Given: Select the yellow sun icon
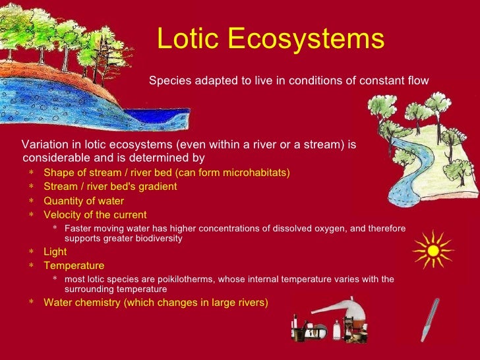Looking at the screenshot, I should point(433,250).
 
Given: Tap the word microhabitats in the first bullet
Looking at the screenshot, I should point(256,173).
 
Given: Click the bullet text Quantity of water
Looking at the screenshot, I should point(84,201).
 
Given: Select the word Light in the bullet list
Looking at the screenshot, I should point(55,252).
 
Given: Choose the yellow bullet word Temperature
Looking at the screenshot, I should point(74,266).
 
